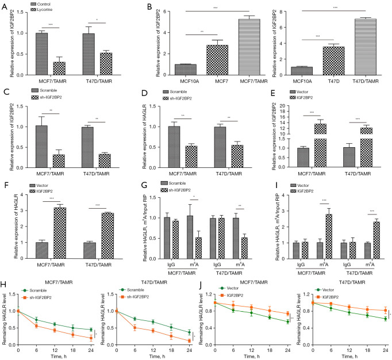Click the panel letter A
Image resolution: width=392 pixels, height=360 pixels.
click(x=5, y=6)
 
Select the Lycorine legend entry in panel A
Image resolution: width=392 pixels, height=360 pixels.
click(x=41, y=10)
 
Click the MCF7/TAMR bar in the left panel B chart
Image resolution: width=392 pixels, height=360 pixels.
click(x=249, y=47)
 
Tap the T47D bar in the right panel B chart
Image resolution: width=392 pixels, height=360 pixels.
click(x=333, y=61)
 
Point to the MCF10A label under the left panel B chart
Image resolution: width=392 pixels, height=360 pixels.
click(x=190, y=81)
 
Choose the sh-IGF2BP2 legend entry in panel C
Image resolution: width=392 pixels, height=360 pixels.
click(x=47, y=97)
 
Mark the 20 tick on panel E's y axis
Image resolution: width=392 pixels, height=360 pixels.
click(x=282, y=106)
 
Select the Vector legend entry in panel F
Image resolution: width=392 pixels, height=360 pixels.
click(x=39, y=185)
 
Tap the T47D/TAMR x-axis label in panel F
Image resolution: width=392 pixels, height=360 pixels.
click(x=98, y=265)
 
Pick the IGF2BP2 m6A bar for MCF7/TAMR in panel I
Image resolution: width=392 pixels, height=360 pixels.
click(x=329, y=236)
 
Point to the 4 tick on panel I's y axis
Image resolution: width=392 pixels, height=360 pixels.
click(x=283, y=195)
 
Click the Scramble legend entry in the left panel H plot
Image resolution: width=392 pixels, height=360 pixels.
click(x=34, y=290)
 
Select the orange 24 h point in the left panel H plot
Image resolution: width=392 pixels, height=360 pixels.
click(x=91, y=338)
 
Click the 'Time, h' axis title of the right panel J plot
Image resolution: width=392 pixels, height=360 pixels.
click(x=349, y=356)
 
